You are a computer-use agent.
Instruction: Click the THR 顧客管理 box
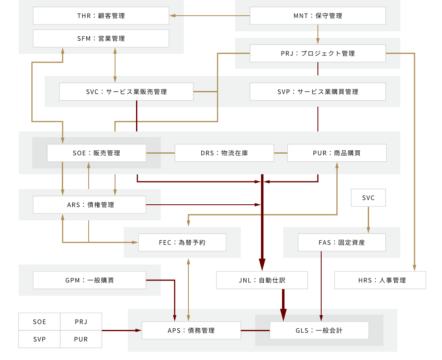click(x=101, y=16)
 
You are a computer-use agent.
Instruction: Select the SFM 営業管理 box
click(x=101, y=38)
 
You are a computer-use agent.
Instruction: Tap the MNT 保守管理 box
click(x=317, y=16)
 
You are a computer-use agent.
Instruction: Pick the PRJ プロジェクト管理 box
click(x=317, y=53)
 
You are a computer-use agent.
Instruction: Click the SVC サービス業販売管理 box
click(x=126, y=91)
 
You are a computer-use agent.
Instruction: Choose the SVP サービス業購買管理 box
click(x=317, y=91)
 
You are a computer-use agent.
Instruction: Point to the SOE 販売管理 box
click(x=96, y=153)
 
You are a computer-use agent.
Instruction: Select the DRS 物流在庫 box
click(x=224, y=153)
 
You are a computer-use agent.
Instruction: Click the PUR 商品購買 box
click(x=337, y=153)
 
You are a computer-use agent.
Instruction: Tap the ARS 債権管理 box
click(x=89, y=205)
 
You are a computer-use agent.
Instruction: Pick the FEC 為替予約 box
click(x=182, y=242)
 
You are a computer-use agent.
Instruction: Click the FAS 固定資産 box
click(x=342, y=242)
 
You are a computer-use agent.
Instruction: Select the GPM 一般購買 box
click(x=89, y=280)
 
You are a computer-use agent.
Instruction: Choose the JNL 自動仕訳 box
click(x=262, y=280)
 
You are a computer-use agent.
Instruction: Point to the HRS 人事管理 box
click(x=380, y=280)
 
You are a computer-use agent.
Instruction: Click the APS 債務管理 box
click(x=191, y=330)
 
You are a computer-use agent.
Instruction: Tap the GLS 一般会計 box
click(x=319, y=330)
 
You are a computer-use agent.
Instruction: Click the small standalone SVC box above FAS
click(x=368, y=198)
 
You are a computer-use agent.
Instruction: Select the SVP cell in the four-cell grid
click(x=40, y=339)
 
